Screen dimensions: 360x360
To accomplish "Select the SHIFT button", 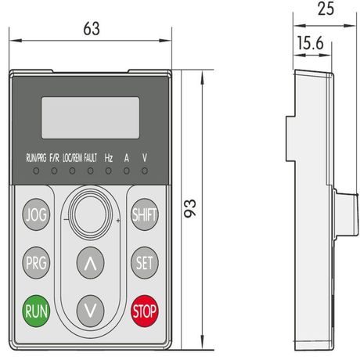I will (145, 214).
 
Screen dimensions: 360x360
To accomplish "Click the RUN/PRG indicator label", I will (36, 157).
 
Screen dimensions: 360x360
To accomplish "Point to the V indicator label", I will (145, 157).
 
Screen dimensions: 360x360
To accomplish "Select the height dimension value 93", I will (191, 207).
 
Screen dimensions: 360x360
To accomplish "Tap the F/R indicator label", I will (54, 157).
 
